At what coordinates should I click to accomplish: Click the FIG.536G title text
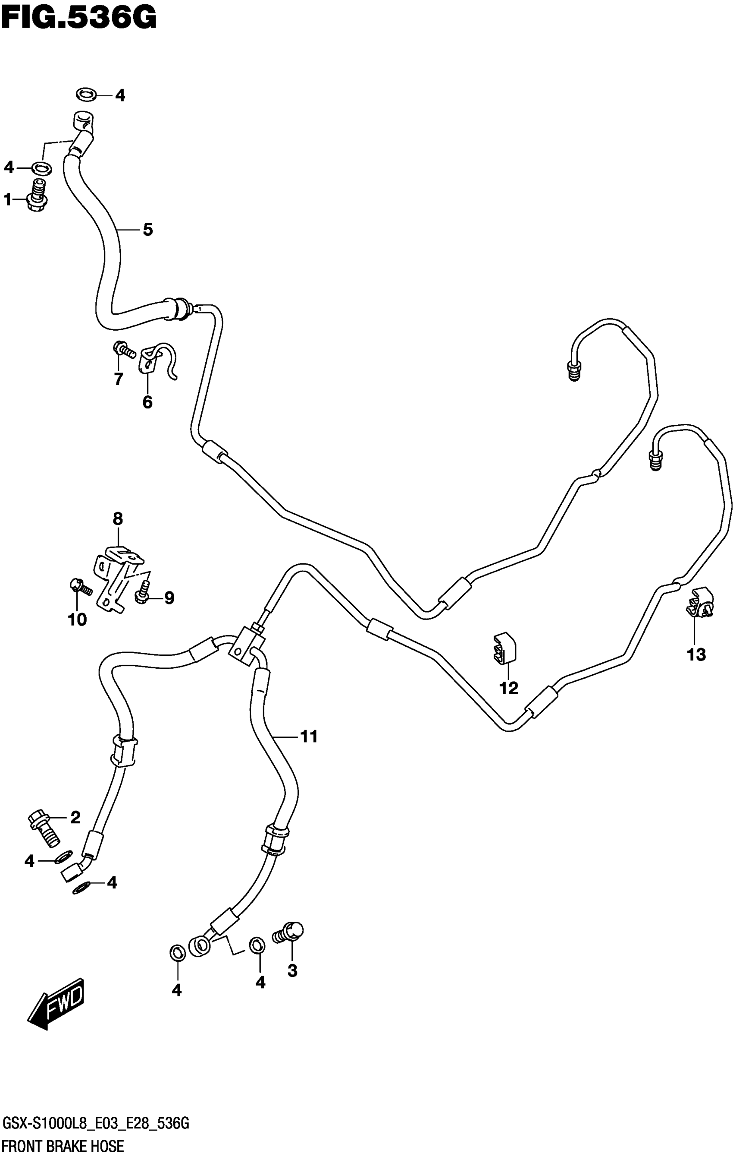pyautogui.click(x=78, y=18)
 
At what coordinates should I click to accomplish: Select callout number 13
pyautogui.click(x=696, y=654)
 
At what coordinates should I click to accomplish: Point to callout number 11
pyautogui.click(x=309, y=736)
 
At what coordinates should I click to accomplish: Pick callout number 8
pyautogui.click(x=118, y=519)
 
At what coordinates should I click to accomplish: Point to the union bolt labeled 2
pyautogui.click(x=44, y=828)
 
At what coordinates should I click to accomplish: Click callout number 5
pyautogui.click(x=147, y=230)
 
